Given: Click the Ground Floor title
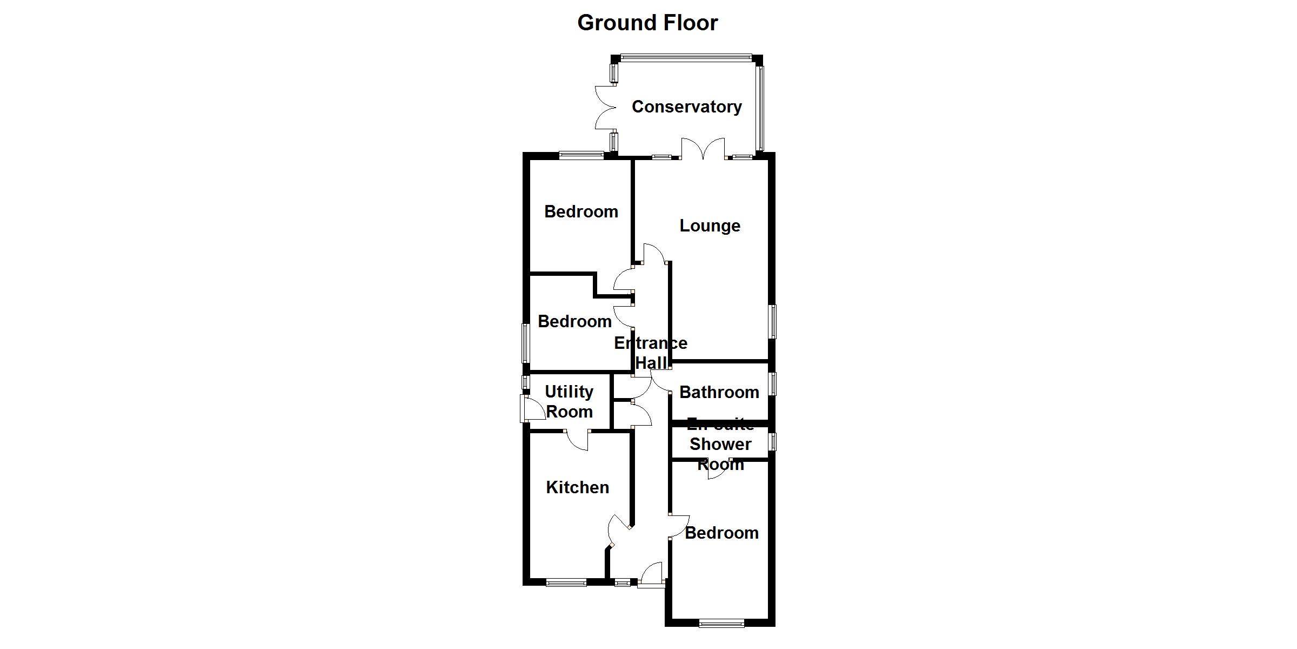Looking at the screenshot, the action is (x=647, y=23).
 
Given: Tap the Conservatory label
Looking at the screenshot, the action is (x=686, y=107).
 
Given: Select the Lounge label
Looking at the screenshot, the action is (x=710, y=226).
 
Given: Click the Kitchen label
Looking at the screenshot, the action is (x=577, y=487).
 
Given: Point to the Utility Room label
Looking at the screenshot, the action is (x=569, y=401).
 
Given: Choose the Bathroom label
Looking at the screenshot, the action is (x=719, y=392).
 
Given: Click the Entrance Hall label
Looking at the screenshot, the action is (x=651, y=353).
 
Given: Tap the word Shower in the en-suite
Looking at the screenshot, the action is (x=720, y=444).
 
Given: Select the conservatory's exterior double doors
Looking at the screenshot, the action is (x=605, y=108).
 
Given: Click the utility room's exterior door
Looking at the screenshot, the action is (x=533, y=409).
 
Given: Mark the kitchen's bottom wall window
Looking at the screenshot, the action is (x=566, y=582).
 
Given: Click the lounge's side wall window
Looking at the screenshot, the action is (x=773, y=321).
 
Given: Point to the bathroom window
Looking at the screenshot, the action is (x=773, y=383).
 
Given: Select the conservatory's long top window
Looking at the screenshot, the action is (x=686, y=57).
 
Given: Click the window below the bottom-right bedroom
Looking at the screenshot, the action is (x=721, y=624).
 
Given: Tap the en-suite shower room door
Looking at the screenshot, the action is (x=718, y=469).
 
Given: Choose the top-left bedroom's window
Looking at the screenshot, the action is (x=581, y=156).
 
